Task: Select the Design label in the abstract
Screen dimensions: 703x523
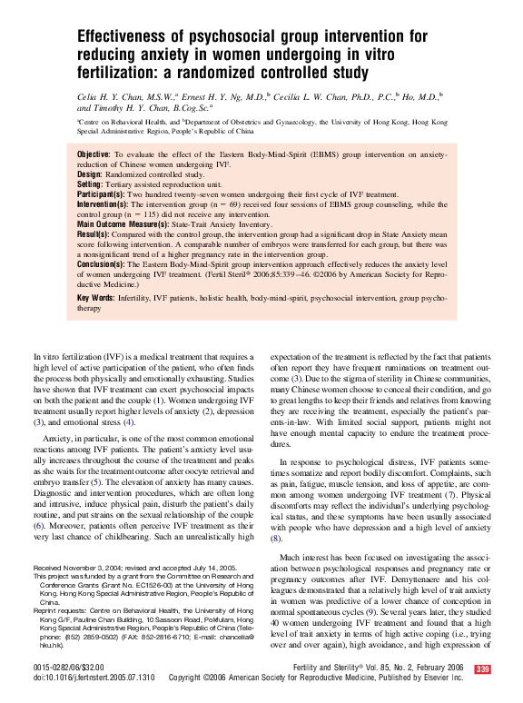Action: point(90,173)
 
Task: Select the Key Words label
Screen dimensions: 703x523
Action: point(96,298)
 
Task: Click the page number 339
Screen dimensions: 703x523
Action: point(481,669)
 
